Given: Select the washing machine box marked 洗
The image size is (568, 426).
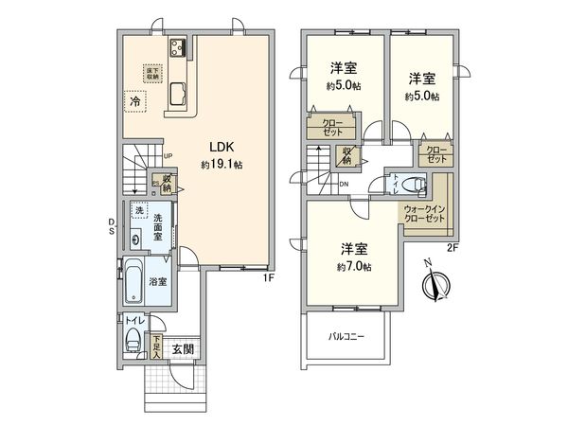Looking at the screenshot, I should (x=137, y=209).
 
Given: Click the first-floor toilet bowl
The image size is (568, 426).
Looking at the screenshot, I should (x=133, y=341).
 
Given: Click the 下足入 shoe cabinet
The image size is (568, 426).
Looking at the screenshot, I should (x=156, y=349).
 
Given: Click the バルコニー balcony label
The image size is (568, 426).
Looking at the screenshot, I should (x=346, y=337).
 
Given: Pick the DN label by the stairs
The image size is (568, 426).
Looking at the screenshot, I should (x=344, y=184).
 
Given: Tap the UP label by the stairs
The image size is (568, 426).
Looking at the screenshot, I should (x=167, y=157).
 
